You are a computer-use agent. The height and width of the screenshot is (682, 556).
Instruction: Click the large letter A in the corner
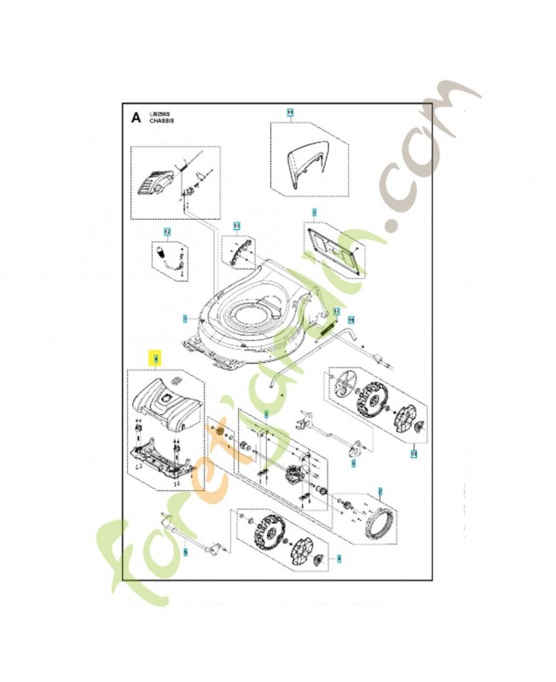click(135, 118)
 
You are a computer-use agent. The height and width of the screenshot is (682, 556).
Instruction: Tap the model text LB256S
click(159, 113)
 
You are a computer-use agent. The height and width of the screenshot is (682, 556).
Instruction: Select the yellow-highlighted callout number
click(155, 359)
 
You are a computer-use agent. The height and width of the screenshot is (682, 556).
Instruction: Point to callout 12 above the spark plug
click(168, 232)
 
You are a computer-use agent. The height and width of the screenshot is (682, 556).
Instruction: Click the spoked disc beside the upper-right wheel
click(344, 384)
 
